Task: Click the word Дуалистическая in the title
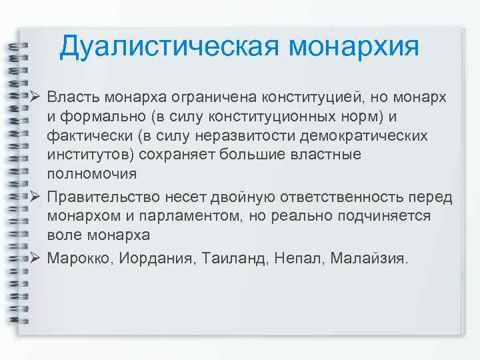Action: pyautogui.click(x=169, y=47)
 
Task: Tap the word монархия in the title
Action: pyautogui.click(x=354, y=47)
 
